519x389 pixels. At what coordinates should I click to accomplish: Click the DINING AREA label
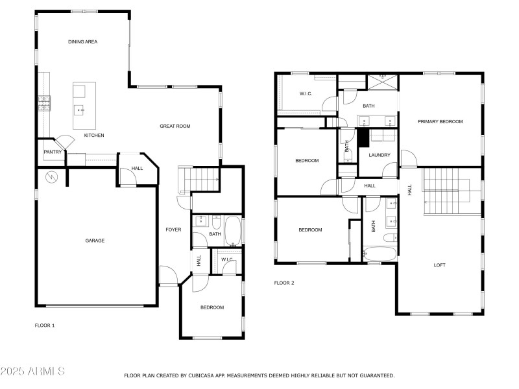click(x=82, y=41)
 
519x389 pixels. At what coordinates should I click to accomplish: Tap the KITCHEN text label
click(x=94, y=136)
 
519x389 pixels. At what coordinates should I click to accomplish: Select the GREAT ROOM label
click(x=175, y=126)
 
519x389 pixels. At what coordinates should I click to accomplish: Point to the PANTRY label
click(x=52, y=152)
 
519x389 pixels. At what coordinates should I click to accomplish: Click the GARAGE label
click(x=95, y=241)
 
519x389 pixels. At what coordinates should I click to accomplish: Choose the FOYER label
click(x=173, y=230)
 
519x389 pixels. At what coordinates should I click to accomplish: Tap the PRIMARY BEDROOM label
click(x=440, y=121)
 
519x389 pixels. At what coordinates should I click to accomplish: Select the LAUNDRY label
click(x=379, y=155)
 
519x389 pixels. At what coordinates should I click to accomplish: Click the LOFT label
click(x=439, y=265)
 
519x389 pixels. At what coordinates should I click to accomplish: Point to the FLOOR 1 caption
click(x=44, y=325)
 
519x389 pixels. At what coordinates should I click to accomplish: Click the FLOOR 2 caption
click(x=284, y=283)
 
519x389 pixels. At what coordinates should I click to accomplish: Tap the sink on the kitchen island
click(x=81, y=110)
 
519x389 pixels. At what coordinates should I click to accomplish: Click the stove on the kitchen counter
click(x=44, y=104)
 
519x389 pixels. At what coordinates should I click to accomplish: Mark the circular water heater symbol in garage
click(x=51, y=176)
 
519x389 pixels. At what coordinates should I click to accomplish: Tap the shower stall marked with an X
click(x=381, y=82)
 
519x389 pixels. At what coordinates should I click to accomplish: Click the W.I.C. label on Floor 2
click(x=306, y=94)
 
